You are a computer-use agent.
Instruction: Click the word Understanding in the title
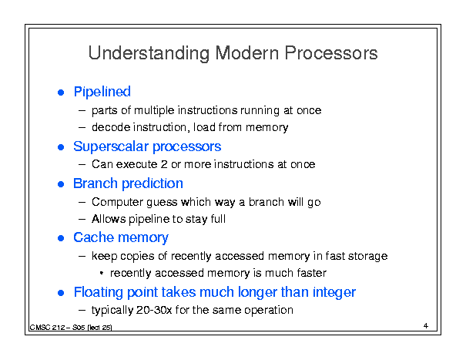point(149,53)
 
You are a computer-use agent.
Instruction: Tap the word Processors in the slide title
point(330,53)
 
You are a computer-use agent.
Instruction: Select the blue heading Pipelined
point(102,92)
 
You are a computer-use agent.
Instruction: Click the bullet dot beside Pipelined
point(61,93)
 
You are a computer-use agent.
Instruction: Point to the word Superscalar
point(111,146)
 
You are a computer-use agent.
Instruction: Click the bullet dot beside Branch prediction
point(61,184)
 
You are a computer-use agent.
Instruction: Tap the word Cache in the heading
point(93,237)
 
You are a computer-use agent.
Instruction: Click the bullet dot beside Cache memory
point(61,238)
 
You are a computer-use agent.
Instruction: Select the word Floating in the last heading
point(98,292)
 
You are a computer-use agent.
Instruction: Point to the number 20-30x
point(154,310)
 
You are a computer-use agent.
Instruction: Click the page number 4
point(426,325)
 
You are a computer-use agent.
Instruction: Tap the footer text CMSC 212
point(47,328)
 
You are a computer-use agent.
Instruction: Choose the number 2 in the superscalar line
point(164,164)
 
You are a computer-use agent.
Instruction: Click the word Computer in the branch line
point(118,202)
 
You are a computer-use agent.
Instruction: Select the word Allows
point(109,219)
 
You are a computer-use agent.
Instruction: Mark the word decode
point(111,127)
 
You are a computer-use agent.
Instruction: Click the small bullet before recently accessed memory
point(102,273)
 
